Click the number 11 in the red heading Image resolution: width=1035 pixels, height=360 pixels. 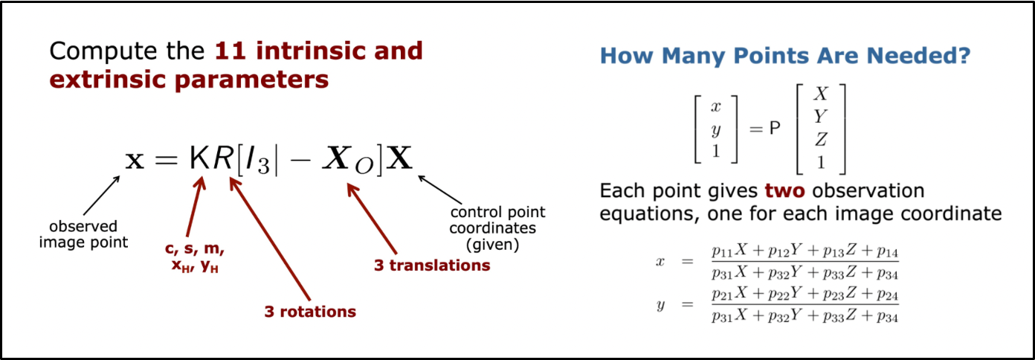(x=230, y=51)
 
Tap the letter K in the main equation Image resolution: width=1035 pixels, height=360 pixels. (x=199, y=159)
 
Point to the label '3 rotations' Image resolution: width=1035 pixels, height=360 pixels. (x=310, y=312)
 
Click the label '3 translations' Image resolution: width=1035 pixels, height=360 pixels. (x=432, y=266)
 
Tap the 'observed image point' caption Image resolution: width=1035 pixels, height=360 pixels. (x=83, y=234)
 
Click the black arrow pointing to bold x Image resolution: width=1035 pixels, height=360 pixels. (x=102, y=196)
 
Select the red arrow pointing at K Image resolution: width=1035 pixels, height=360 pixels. (x=195, y=207)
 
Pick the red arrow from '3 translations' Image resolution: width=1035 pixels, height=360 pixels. (x=372, y=219)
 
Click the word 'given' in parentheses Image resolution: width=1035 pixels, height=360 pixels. (x=492, y=244)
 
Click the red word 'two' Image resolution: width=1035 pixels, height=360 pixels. (x=784, y=191)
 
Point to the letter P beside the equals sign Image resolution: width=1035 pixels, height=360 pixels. (x=775, y=128)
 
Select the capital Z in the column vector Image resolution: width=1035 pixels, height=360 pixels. (x=821, y=138)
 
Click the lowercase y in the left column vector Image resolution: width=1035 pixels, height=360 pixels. (x=716, y=130)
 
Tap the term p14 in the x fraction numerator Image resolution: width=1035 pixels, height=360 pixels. (x=888, y=251)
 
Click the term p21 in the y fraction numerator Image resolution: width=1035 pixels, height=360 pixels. (x=722, y=295)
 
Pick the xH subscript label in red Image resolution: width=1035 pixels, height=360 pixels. (x=181, y=266)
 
